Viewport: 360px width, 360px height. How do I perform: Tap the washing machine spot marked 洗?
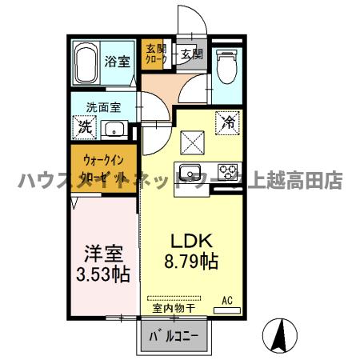click(x=82, y=126)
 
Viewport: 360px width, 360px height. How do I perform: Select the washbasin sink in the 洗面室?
click(x=114, y=127)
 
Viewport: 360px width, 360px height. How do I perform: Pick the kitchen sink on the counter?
click(x=193, y=171)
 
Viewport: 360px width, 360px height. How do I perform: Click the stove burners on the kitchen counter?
click(x=227, y=171)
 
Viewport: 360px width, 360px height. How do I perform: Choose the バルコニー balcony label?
click(x=176, y=335)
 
